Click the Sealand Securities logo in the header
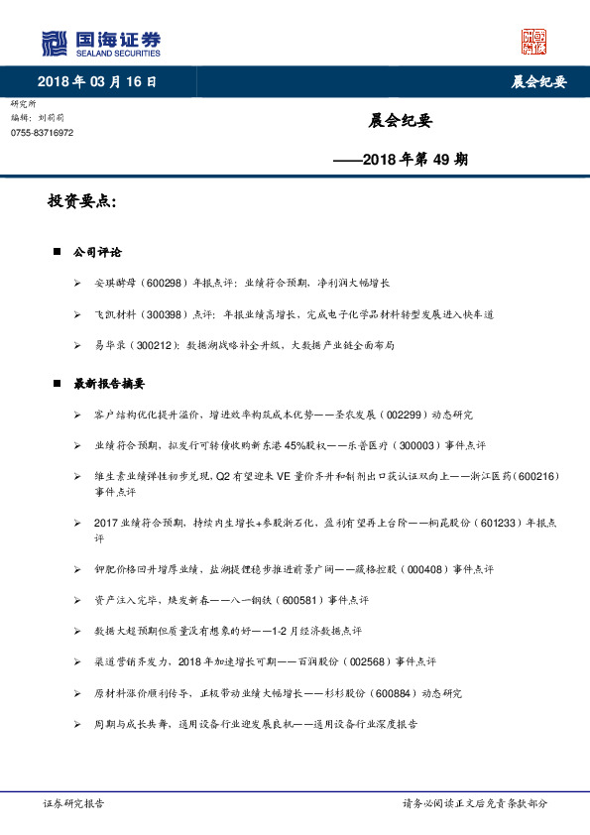tap(101, 44)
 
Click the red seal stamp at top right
tap(534, 42)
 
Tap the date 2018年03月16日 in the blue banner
tap(96, 81)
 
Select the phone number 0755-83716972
tap(43, 132)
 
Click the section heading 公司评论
tap(98, 253)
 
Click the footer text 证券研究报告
tap(74, 804)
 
